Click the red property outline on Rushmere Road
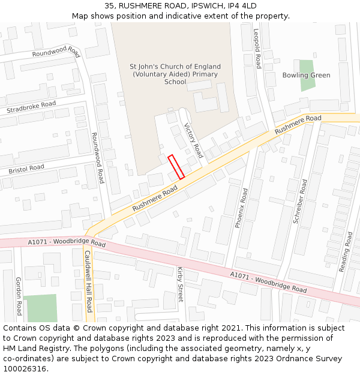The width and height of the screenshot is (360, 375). [x=176, y=167]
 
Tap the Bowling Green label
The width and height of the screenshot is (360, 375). [x=306, y=75]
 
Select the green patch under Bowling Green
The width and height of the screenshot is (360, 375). [x=307, y=84]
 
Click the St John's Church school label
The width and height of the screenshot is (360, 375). [x=175, y=74]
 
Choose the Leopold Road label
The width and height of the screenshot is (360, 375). [x=257, y=49]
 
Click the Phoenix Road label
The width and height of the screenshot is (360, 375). [x=241, y=208]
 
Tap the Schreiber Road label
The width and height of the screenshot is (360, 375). [x=300, y=201]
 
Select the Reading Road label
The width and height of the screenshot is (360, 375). [x=346, y=252]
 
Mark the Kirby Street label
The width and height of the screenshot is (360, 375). [x=180, y=284]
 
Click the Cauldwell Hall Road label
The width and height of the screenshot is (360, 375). [x=88, y=281]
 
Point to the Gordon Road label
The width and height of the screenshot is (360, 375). [x=19, y=296]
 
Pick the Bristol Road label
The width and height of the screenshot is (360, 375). [x=26, y=169]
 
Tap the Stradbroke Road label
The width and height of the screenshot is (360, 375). [x=31, y=107]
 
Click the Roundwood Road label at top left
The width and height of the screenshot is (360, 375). [x=56, y=53]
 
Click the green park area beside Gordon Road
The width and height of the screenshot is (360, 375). [x=40, y=308]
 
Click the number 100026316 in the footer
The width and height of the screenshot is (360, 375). [x=25, y=368]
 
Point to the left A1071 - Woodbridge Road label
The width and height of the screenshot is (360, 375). [x=67, y=243]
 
